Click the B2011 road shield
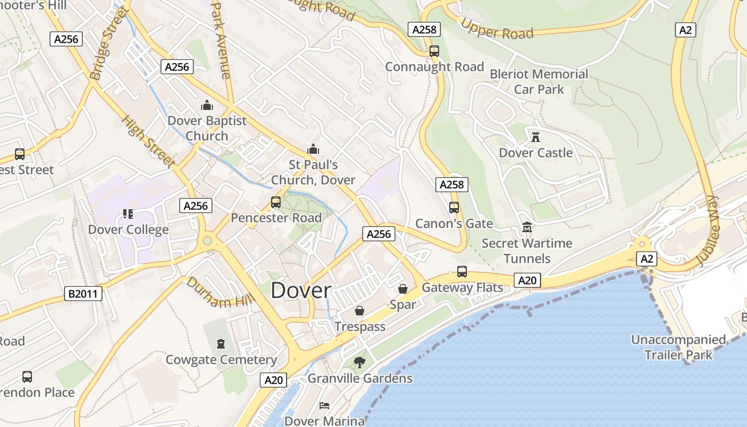pos(83,293)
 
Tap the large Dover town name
pos(301,290)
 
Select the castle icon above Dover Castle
pos(536,137)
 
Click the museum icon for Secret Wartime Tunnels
pos(527,227)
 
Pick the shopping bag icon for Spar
pos(403,289)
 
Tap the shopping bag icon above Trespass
pos(360,311)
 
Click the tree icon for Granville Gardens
pos(360,362)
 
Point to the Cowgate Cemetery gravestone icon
pos(221,344)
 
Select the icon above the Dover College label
pos(128,214)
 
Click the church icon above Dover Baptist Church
pos(207,105)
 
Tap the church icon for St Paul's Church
pos(313,149)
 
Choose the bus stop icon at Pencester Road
pos(276,202)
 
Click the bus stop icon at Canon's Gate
pos(454,208)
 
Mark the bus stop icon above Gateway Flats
pos(462,272)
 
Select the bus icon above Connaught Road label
pos(434,51)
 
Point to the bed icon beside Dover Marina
pos(324,406)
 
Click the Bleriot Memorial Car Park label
pos(539,82)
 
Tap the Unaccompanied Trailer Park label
pos(678,347)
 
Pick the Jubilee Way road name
pos(708,231)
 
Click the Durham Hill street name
pos(219,293)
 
